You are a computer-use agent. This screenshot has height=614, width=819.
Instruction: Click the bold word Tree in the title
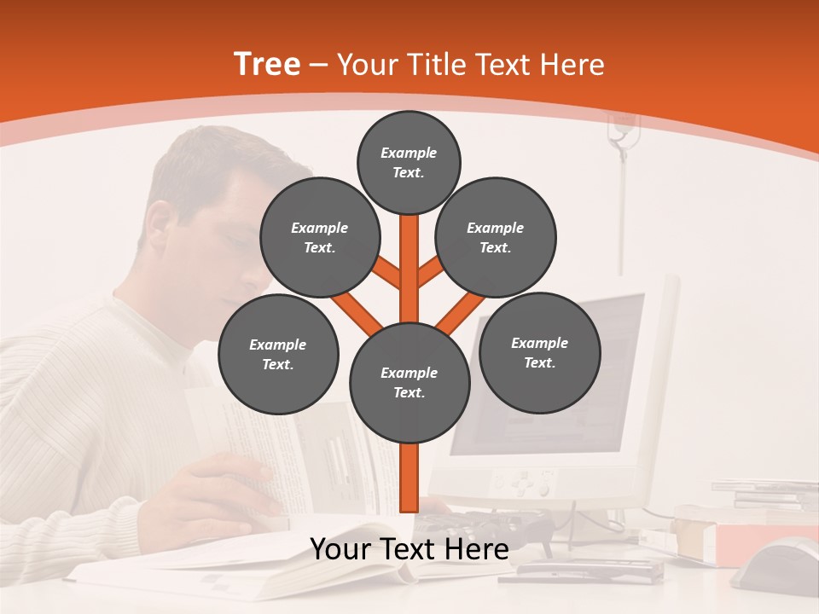click(267, 65)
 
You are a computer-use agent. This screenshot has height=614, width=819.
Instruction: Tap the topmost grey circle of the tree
click(409, 162)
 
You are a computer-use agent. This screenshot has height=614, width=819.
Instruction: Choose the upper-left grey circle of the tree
click(319, 237)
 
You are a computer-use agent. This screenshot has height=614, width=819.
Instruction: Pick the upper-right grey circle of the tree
click(496, 237)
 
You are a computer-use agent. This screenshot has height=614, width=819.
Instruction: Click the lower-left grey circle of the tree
click(278, 354)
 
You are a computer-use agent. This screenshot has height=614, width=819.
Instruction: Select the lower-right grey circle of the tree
click(539, 352)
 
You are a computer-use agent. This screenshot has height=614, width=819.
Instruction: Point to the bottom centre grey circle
click(409, 382)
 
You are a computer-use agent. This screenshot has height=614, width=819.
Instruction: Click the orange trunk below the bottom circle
click(409, 478)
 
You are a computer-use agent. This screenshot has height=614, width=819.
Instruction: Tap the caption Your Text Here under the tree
click(409, 549)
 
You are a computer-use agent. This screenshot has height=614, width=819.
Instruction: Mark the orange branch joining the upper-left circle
click(386, 272)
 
